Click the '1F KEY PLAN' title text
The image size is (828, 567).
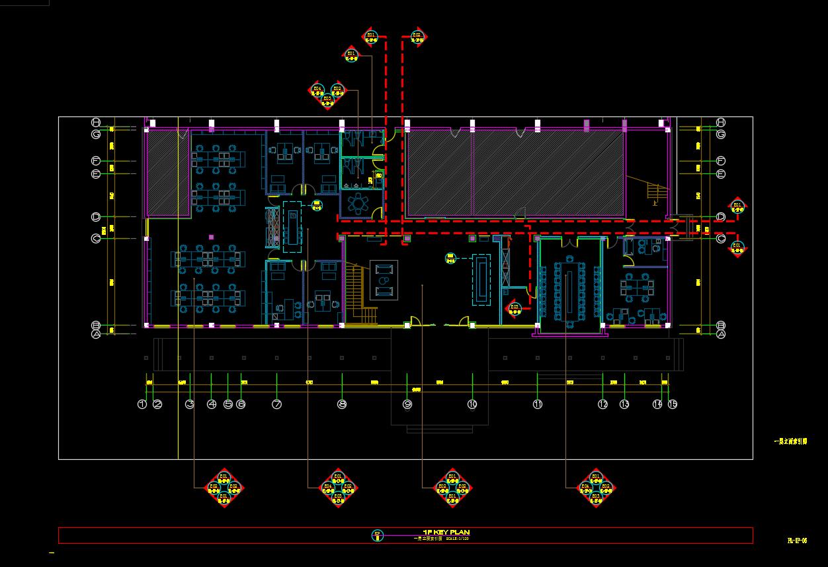pos(446,532)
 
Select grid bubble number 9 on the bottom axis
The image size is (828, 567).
pos(407,404)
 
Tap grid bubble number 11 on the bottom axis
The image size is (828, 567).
pos(538,404)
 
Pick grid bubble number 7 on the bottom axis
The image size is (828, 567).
pos(276,404)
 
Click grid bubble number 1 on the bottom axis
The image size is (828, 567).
pos(142,404)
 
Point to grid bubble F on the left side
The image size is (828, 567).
pos(96,161)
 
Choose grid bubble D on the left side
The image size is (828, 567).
pos(96,217)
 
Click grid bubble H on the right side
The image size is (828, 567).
pos(721,122)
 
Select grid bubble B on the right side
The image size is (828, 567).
pos(721,326)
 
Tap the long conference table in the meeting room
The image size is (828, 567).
pos(567,292)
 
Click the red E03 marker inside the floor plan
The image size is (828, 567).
pos(514,308)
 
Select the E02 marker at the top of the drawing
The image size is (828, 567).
pos(417,37)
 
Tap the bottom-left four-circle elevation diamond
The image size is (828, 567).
pos(224,488)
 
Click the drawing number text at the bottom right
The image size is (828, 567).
pos(797,541)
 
